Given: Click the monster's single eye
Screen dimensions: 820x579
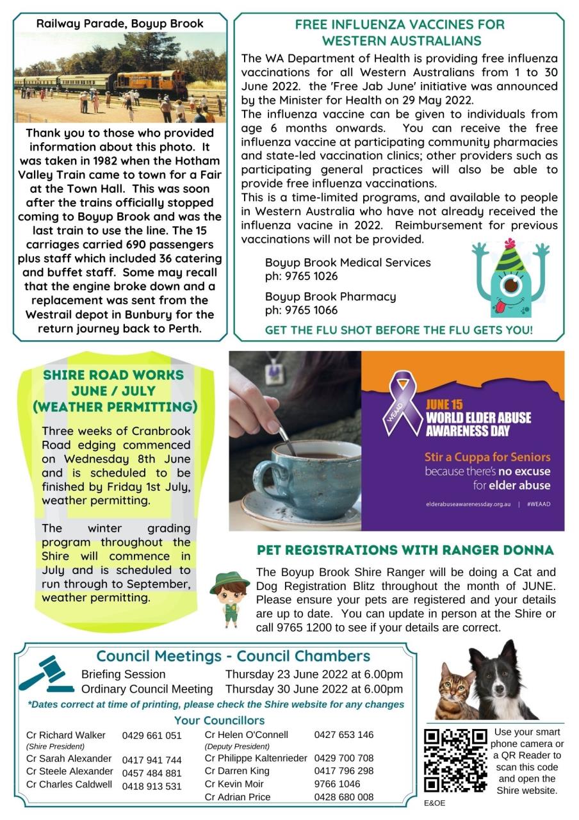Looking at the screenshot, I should pyautogui.click(x=510, y=284).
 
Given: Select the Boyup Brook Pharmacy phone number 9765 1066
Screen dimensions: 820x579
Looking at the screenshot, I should pyautogui.click(x=301, y=311).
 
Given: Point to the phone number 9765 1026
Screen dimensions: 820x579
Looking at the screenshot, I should pyautogui.click(x=301, y=277).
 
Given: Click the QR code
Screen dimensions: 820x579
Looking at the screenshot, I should pyautogui.click(x=455, y=760).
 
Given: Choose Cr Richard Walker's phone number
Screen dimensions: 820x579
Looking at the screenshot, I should pyautogui.click(x=152, y=735).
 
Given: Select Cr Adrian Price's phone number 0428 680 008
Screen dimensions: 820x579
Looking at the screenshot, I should pyautogui.click(x=343, y=798).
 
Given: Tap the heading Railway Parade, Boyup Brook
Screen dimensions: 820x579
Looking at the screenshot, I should pyautogui.click(x=120, y=24).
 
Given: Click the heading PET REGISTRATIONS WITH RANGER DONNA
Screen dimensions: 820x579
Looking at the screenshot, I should pyautogui.click(x=405, y=550).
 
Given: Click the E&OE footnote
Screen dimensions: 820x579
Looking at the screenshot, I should pyautogui.click(x=434, y=803).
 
